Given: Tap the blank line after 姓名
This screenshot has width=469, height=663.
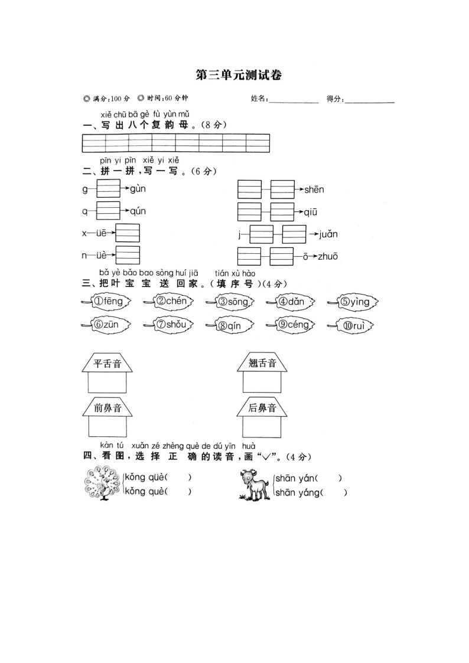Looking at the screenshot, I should coord(293,100).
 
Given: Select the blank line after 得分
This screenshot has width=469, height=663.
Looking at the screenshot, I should coord(369,100).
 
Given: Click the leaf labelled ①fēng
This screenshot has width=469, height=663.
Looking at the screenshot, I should coord(107,302).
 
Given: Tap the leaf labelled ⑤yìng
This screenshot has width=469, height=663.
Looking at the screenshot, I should coord(354,302).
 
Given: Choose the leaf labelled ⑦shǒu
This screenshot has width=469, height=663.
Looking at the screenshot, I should coord(170,325).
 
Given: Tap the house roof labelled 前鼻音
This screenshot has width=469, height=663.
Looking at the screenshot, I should coord(107,407).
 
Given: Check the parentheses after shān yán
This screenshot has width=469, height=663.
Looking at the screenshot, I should coord(330,478).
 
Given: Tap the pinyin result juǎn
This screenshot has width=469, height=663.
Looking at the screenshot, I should coord(328,234).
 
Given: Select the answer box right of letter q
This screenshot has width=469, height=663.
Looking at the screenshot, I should coord(108,211).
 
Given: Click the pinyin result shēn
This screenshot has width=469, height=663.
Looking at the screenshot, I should coord(314,190).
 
